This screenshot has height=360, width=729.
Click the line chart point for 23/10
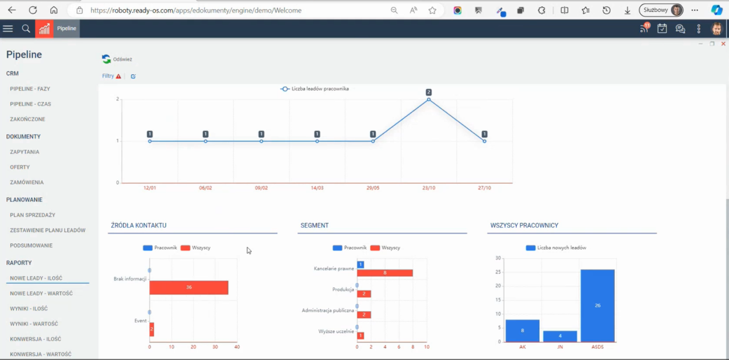pos(429,100)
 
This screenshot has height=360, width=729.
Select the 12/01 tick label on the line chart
pos(150,188)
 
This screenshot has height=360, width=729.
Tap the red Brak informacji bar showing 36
pos(189,288)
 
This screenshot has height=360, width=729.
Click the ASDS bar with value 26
pos(597,305)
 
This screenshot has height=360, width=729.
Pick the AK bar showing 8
pos(522,330)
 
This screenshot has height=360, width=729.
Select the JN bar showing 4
pos(560,336)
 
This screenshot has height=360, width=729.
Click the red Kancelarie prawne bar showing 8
pos(385,273)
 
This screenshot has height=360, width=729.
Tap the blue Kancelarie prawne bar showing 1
pos(361,265)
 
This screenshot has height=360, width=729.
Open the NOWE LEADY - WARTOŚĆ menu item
pos(41,293)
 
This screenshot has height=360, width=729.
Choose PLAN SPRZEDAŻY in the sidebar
pos(32,215)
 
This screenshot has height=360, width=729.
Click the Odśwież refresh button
pos(117,59)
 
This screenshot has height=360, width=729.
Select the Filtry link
pos(108,76)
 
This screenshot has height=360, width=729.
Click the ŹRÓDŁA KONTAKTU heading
pos(138,226)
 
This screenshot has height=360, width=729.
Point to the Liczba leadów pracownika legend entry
pos(315,89)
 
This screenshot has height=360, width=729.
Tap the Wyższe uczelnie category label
pos(337,331)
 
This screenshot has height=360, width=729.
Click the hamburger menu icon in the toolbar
pos(8,28)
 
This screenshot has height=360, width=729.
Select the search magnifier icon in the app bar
pos(26,28)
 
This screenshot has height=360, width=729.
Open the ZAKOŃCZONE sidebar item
pos(27,119)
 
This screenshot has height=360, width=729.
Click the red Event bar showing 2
pos(152,329)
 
